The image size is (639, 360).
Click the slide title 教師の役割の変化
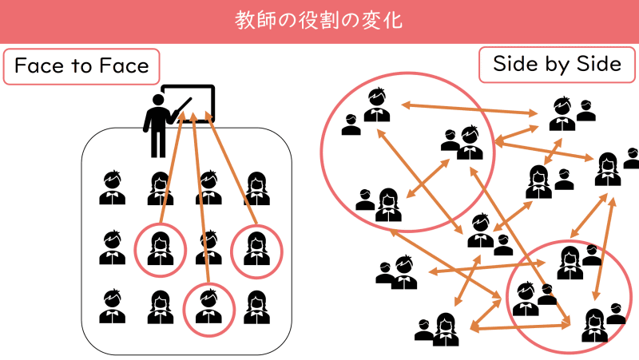(x=319, y=20)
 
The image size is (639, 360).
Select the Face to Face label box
(x=81, y=66)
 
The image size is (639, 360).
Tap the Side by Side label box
(x=558, y=65)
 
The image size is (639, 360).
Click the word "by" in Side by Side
(x=558, y=65)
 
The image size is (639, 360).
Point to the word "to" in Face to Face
(x=82, y=66)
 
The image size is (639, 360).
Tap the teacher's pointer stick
(x=182, y=107)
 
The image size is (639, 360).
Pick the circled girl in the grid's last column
(x=256, y=248)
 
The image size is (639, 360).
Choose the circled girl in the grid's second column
(x=160, y=249)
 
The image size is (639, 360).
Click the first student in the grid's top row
(x=112, y=188)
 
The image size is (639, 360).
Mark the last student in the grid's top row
(x=256, y=188)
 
